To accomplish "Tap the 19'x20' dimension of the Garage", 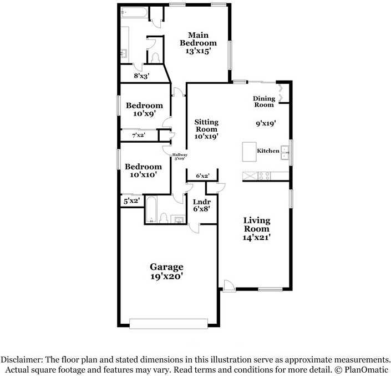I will [x=166, y=275].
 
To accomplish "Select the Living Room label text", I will [x=257, y=225].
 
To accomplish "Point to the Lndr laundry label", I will [x=200, y=202].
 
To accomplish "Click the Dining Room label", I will [x=265, y=102].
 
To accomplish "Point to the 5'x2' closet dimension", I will [x=131, y=201].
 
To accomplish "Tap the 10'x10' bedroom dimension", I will [x=143, y=174].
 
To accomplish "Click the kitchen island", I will [x=248, y=152].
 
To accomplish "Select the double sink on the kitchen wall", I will [x=285, y=152].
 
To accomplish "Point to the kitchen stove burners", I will [x=265, y=176].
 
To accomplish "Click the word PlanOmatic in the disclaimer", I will [x=367, y=370].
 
